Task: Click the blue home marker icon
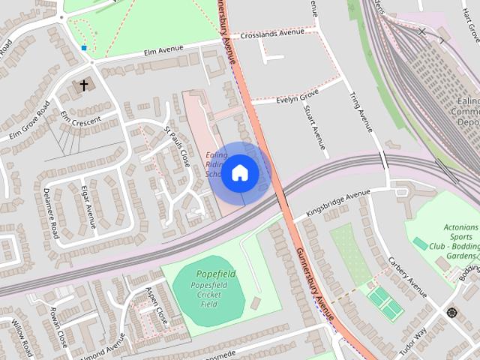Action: (x=240, y=172)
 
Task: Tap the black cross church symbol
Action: (x=84, y=85)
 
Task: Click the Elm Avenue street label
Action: (x=163, y=50)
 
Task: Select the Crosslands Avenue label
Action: (x=273, y=33)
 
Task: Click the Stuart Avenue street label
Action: (x=316, y=127)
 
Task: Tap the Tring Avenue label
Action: (x=361, y=113)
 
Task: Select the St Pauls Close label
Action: (x=177, y=146)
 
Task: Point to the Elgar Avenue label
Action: (x=88, y=206)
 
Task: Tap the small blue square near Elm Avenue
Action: (x=84, y=48)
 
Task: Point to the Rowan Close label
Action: (x=58, y=326)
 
